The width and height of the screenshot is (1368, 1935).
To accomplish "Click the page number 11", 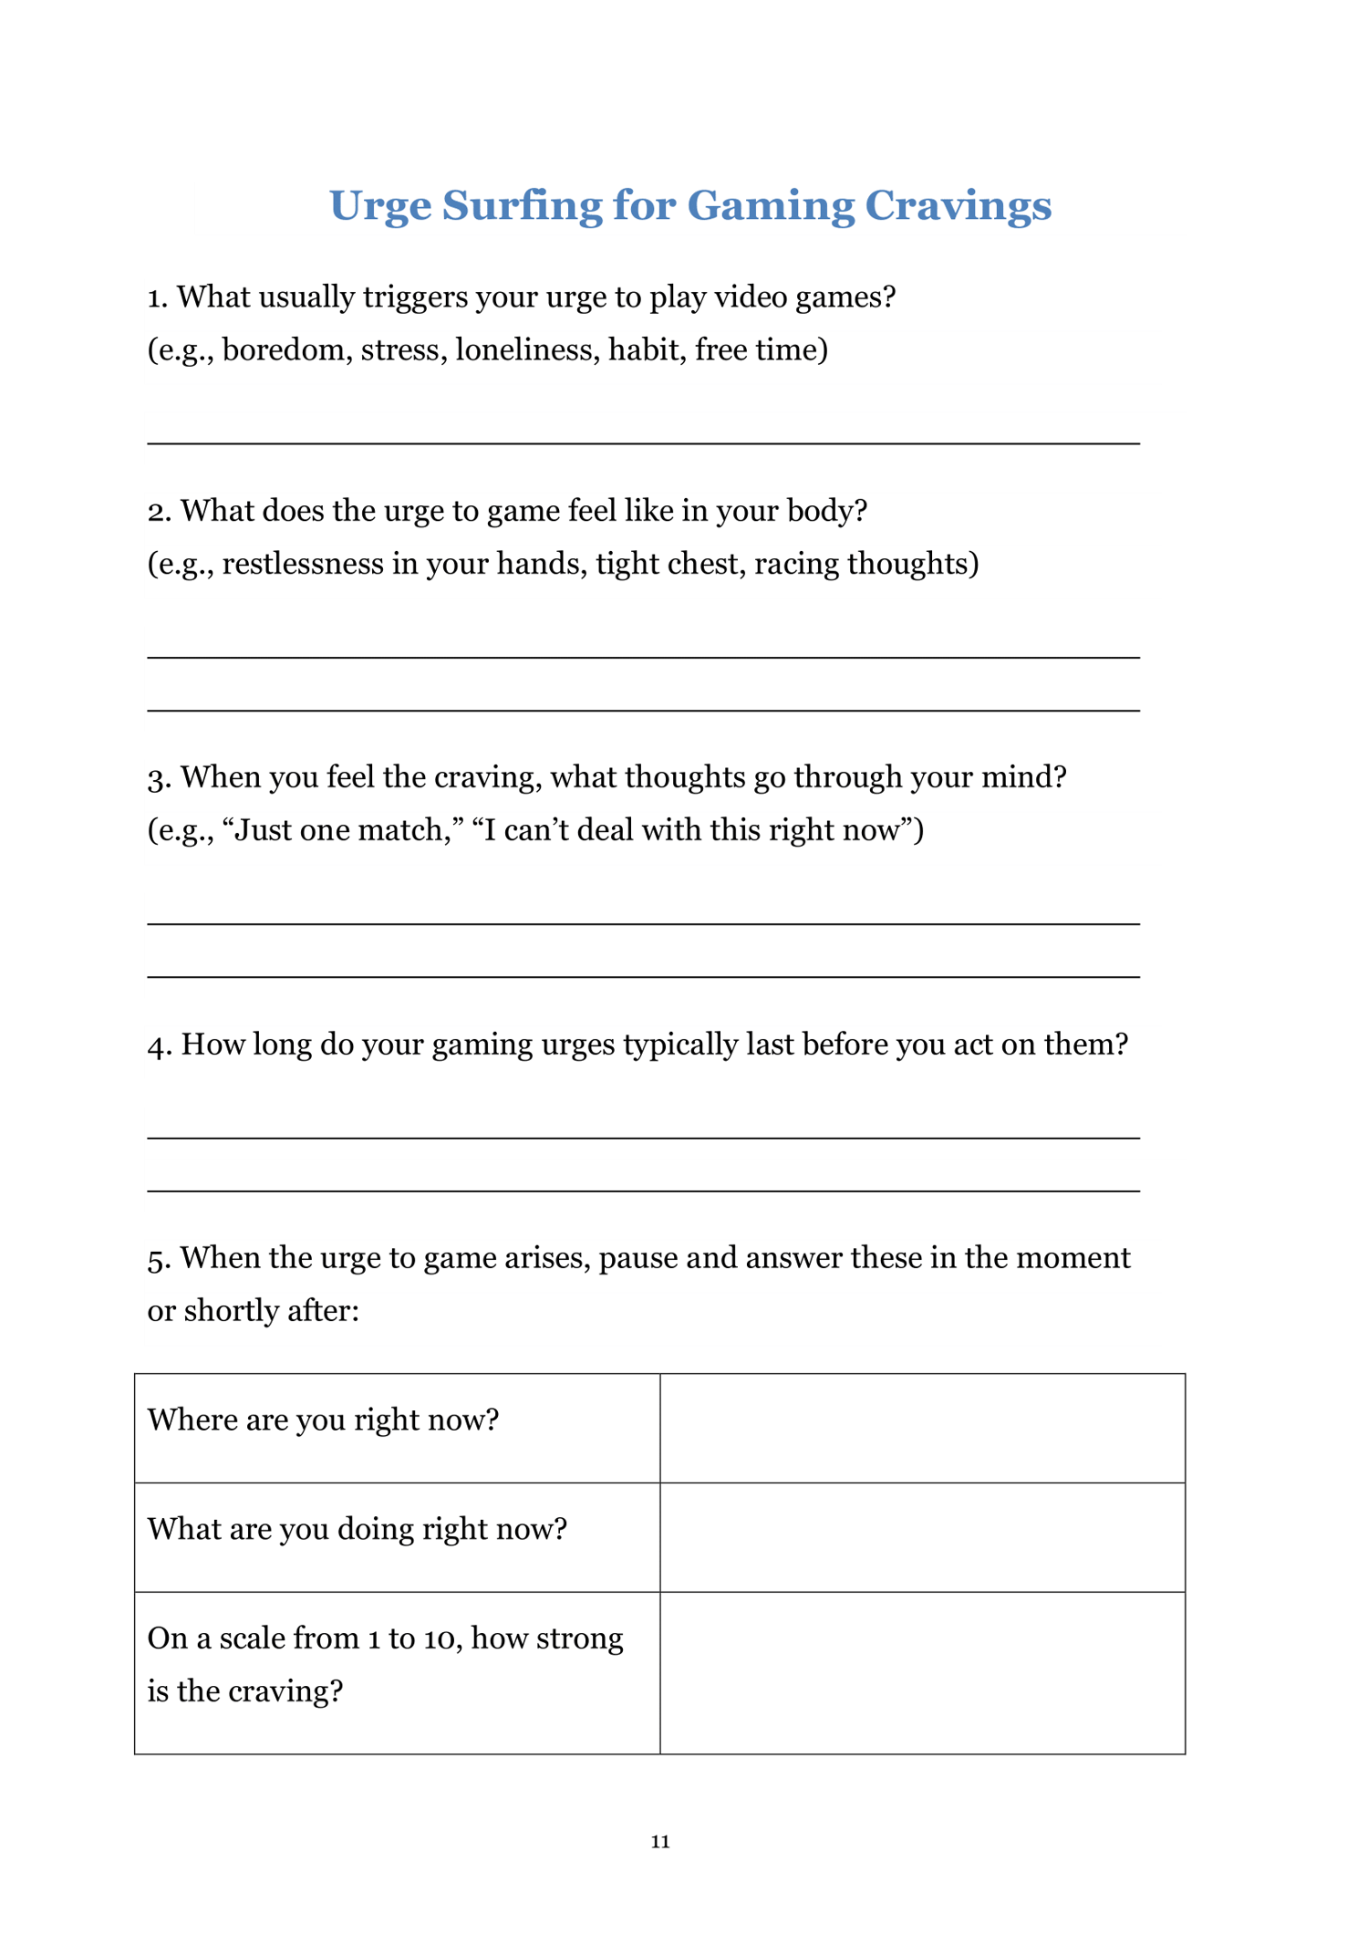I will click(x=660, y=1841).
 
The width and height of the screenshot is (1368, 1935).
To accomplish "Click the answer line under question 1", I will click(x=643, y=442).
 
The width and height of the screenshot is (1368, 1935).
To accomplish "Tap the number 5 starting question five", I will click(x=157, y=1259).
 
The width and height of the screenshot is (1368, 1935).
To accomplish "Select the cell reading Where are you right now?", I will click(x=324, y=1420).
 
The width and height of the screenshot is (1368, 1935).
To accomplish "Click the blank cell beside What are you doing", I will click(x=922, y=1537).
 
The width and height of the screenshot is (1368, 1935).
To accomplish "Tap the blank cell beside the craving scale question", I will click(x=922, y=1672).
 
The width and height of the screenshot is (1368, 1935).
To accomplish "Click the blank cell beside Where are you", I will click(x=922, y=1428).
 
